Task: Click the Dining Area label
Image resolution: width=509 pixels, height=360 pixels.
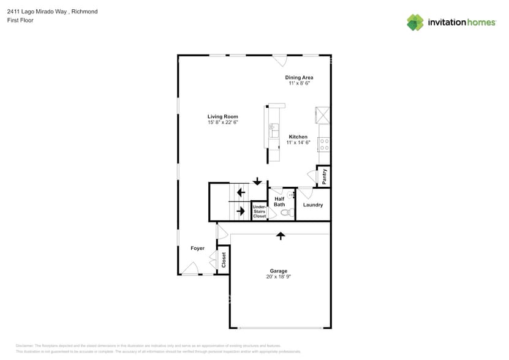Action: pyautogui.click(x=299, y=78)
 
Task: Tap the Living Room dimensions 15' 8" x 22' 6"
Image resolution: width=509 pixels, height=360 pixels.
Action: pyautogui.click(x=222, y=122)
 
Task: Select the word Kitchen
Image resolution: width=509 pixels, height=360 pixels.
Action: pyautogui.click(x=298, y=137)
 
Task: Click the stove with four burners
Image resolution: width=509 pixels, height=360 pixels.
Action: pyautogui.click(x=324, y=144)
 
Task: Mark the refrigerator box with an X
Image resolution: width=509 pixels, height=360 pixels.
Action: pyautogui.click(x=322, y=115)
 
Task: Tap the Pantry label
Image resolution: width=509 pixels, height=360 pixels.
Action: pyautogui.click(x=324, y=177)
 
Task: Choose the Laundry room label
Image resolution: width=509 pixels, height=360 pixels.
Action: pyautogui.click(x=313, y=204)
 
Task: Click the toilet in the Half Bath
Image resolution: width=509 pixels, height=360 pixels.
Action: pyautogui.click(x=285, y=213)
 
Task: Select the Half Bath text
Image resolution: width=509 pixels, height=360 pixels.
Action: pyautogui.click(x=279, y=201)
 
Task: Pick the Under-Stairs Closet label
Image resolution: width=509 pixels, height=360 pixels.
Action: pyautogui.click(x=260, y=211)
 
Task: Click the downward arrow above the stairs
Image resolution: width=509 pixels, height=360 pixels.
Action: pyautogui.click(x=257, y=181)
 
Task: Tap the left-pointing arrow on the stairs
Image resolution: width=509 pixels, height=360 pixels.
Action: pyautogui.click(x=241, y=192)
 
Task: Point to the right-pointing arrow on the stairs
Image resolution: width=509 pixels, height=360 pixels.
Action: pyautogui.click(x=241, y=211)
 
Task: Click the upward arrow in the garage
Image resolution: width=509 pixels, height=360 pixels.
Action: pyautogui.click(x=281, y=235)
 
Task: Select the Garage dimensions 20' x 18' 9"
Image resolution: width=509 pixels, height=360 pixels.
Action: pyautogui.click(x=279, y=277)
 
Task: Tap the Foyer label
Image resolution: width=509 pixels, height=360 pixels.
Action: pyautogui.click(x=197, y=248)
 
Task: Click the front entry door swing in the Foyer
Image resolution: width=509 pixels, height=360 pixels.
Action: pyautogui.click(x=190, y=269)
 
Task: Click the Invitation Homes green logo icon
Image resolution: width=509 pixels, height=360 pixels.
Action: pyautogui.click(x=415, y=22)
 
